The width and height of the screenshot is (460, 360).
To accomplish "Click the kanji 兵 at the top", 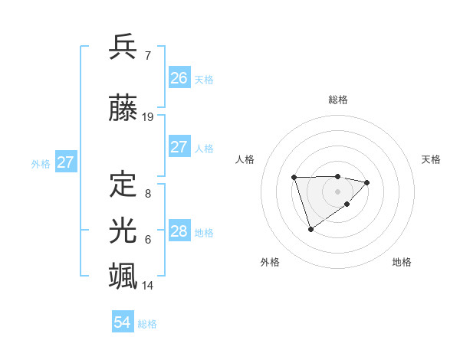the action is [123, 47].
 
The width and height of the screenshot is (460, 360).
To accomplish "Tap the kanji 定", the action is [123, 184].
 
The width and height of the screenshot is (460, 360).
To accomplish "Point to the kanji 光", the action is [123, 230].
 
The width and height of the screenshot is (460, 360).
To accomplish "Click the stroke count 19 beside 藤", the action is [149, 117].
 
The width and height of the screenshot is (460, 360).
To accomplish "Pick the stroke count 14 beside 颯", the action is [149, 286].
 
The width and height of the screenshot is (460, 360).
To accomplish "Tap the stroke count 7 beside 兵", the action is [147, 56].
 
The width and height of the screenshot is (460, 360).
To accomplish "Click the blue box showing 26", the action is [179, 77].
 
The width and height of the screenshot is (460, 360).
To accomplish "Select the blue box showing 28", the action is [179, 231].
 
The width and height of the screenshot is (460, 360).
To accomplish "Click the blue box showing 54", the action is [123, 322].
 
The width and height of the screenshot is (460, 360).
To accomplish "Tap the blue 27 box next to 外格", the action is [66, 162].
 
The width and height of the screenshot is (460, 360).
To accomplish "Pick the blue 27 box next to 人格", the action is [179, 147].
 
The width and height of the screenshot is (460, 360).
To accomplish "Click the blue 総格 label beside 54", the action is [147, 324].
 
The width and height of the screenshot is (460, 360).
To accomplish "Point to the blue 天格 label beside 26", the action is [204, 79].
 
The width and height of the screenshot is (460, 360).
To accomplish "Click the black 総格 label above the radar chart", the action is [338, 100].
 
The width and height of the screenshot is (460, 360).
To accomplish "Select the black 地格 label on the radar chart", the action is [402, 262].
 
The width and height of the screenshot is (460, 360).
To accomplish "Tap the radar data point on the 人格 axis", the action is [294, 178].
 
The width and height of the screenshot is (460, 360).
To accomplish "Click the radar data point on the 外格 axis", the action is [310, 229].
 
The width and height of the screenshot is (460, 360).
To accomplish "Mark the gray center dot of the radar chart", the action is [337, 191].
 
